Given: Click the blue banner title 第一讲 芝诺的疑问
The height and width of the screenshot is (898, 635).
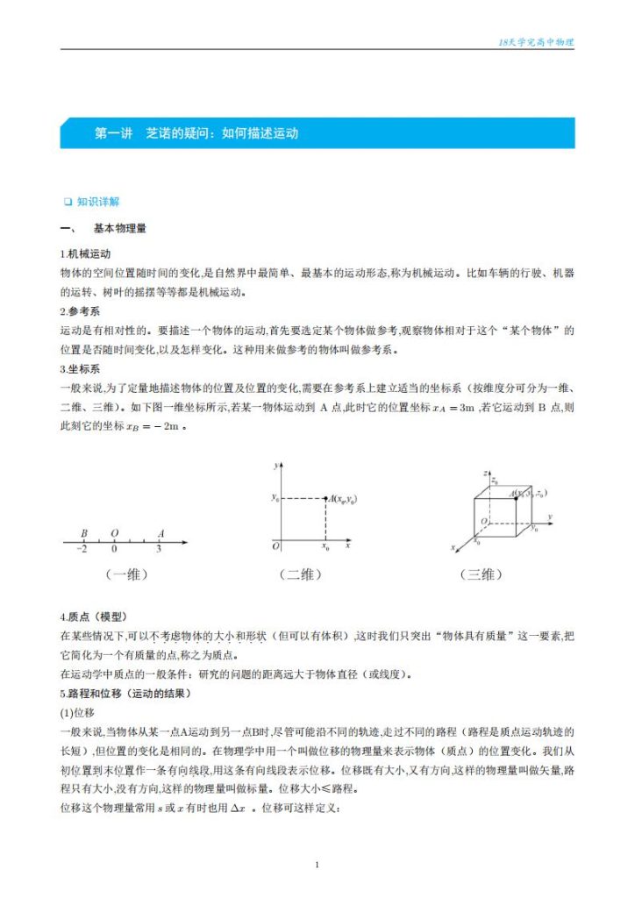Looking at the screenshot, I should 196,134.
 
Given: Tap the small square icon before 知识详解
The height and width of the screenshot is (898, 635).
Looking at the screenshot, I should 68,202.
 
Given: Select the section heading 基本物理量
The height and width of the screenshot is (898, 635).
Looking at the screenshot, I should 119,229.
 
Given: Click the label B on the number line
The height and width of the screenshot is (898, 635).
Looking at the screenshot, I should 83,532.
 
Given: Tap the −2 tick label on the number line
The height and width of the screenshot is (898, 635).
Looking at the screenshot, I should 82,549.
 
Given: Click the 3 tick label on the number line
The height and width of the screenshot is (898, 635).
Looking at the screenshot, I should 158,549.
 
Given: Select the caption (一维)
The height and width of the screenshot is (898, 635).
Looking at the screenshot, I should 125,574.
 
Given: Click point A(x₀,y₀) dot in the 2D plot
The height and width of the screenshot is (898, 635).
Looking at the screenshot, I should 326,499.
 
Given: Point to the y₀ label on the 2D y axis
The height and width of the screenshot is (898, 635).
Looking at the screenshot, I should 275,498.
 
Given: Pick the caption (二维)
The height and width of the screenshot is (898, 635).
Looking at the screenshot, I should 301,574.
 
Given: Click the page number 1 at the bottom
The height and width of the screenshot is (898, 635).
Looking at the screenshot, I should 317,866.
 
